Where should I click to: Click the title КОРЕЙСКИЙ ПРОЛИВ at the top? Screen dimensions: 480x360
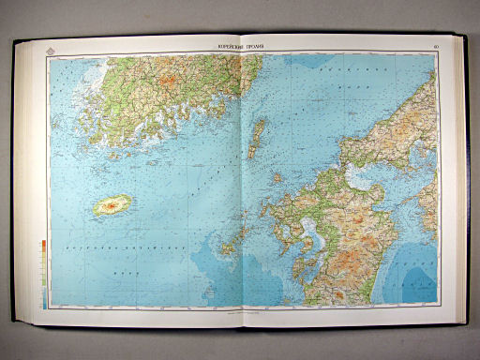240,48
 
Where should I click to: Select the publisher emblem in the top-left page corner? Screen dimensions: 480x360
48,48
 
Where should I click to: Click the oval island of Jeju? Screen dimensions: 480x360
112,205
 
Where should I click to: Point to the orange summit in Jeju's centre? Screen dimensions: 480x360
113,204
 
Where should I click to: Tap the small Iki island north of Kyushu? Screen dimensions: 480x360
277,176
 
